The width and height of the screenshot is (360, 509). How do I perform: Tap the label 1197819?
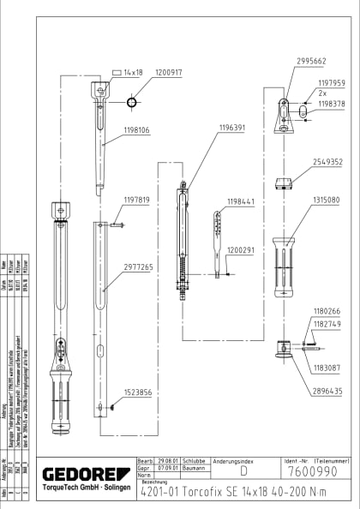coord(137,200)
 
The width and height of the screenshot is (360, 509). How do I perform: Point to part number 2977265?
coord(137,267)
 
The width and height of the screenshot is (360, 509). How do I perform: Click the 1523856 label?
coord(137,392)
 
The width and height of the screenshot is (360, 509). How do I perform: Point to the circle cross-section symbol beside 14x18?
coord(131,102)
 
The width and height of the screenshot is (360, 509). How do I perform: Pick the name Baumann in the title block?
coord(195,468)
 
